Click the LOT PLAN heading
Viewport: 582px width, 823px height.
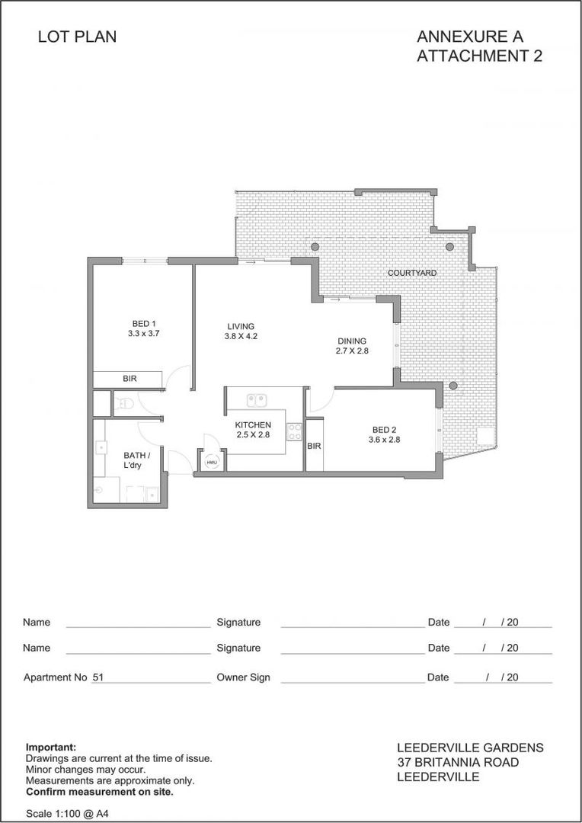click(77, 37)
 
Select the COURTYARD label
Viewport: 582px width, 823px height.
click(411, 273)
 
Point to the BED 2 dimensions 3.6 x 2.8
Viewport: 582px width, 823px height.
click(384, 440)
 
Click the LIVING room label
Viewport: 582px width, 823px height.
click(241, 326)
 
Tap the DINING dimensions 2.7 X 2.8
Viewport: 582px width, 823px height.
click(352, 351)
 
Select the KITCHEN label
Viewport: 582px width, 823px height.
click(253, 424)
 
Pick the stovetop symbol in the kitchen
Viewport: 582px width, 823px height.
click(293, 431)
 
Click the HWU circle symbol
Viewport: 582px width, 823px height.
click(211, 462)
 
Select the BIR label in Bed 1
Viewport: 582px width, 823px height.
click(130, 379)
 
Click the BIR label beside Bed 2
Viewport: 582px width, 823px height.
click(314, 446)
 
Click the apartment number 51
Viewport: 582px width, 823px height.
click(98, 677)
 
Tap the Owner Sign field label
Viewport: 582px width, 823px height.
click(243, 677)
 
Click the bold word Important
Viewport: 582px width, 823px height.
click(51, 748)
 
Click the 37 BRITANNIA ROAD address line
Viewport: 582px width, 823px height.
click(458, 763)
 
